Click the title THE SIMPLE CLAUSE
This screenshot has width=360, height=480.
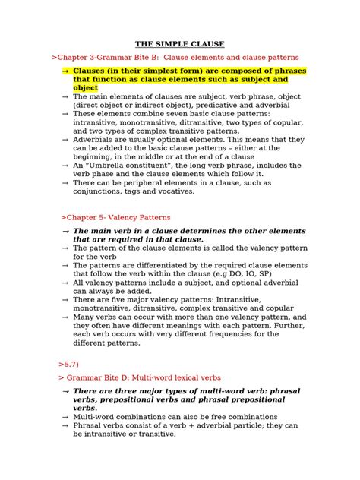(179, 45)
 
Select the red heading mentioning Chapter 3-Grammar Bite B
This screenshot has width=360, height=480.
(175, 58)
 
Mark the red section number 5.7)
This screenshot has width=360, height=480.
(67, 364)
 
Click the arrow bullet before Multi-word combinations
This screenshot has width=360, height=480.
(65, 417)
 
